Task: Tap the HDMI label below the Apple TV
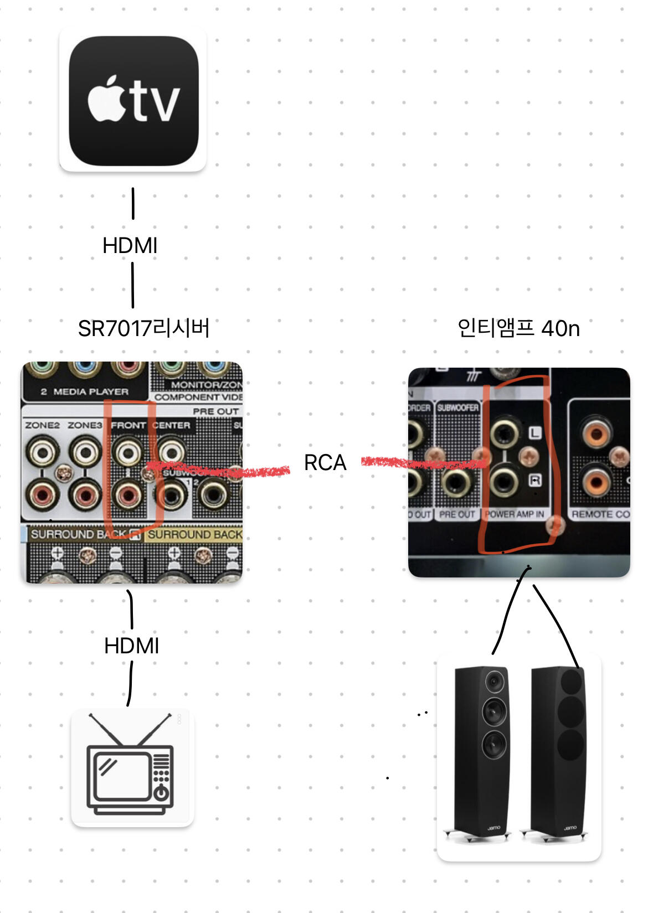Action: click(130, 245)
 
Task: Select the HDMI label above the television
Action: click(132, 646)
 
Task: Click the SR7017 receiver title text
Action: click(143, 328)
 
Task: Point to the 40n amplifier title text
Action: click(518, 328)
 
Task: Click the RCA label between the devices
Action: click(325, 462)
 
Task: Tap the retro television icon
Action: click(132, 767)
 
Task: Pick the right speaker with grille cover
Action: click(557, 753)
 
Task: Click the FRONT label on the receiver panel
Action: click(128, 425)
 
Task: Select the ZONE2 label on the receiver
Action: click(42, 425)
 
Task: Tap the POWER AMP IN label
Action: click(515, 514)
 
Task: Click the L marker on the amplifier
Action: click(534, 432)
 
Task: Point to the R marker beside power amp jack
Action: click(535, 480)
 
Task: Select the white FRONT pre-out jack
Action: click(128, 452)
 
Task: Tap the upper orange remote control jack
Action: click(595, 432)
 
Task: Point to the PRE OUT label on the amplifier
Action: click(457, 514)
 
